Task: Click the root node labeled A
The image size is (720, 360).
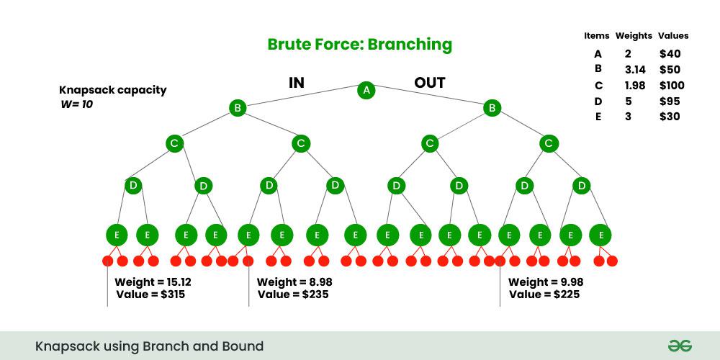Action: pyautogui.click(x=366, y=91)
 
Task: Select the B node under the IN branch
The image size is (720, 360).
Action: pyautogui.click(x=238, y=109)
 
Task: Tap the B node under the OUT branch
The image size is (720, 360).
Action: pyautogui.click(x=492, y=109)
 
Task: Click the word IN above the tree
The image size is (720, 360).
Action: pyautogui.click(x=296, y=83)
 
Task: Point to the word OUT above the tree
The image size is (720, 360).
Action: pyautogui.click(x=429, y=83)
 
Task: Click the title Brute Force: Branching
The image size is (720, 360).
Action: pyautogui.click(x=359, y=45)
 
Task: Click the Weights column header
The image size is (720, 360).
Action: pyautogui.click(x=634, y=35)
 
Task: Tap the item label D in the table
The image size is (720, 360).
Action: pyautogui.click(x=598, y=102)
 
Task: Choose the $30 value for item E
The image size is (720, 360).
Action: pyautogui.click(x=669, y=117)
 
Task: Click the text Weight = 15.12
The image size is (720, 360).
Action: pyautogui.click(x=153, y=282)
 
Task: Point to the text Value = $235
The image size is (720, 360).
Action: pyautogui.click(x=294, y=294)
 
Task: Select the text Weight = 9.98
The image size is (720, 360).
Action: pyautogui.click(x=545, y=282)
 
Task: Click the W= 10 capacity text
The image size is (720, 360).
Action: pyautogui.click(x=76, y=104)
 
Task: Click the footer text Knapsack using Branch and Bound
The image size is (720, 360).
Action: pyautogui.click(x=149, y=346)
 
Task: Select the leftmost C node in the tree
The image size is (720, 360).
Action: pyautogui.click(x=174, y=143)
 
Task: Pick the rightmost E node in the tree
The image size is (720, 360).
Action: pyautogui.click(x=600, y=235)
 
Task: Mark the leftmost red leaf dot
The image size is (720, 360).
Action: pyautogui.click(x=108, y=261)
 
